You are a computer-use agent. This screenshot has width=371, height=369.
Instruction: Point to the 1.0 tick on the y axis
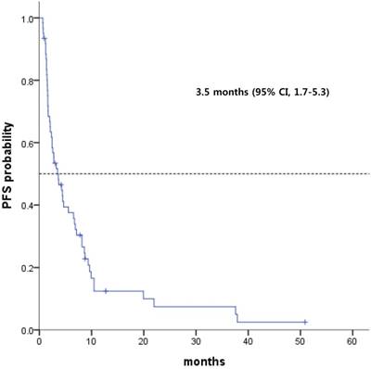pyautogui.click(x=25, y=19)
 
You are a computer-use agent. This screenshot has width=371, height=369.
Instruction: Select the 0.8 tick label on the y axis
pyautogui.click(x=25, y=82)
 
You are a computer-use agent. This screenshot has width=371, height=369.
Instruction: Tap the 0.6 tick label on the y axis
pyautogui.click(x=25, y=144)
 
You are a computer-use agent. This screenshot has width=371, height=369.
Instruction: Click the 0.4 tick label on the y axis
pyautogui.click(x=25, y=206)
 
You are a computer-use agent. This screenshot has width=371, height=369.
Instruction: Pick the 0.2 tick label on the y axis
pyautogui.click(x=25, y=268)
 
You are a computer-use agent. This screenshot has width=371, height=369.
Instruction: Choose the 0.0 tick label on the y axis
pyautogui.click(x=25, y=330)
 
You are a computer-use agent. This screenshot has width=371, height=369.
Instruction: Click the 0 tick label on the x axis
pyautogui.click(x=39, y=340)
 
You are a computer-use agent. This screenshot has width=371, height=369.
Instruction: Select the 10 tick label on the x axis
pyautogui.click(x=91, y=340)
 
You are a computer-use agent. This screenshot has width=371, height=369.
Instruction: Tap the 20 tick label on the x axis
pyautogui.click(x=143, y=340)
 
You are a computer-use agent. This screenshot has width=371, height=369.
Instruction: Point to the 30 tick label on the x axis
pyautogui.click(x=195, y=340)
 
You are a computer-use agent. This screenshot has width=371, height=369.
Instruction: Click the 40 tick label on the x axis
pyautogui.click(x=247, y=340)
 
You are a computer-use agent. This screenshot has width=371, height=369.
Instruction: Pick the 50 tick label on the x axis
pyautogui.click(x=299, y=340)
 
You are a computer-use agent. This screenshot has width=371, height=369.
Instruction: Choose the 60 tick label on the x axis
pyautogui.click(x=351, y=340)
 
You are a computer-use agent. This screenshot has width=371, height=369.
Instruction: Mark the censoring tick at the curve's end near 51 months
pyautogui.click(x=304, y=322)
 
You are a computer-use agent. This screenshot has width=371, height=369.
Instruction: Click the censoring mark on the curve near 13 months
pyautogui.click(x=106, y=291)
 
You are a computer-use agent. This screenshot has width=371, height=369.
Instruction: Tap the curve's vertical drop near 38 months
pyautogui.click(x=236, y=314)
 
